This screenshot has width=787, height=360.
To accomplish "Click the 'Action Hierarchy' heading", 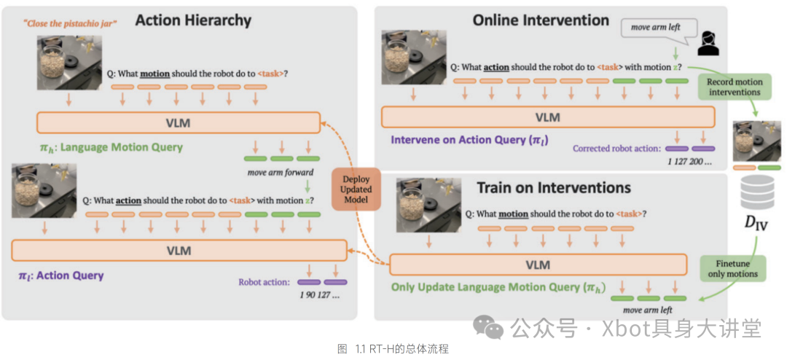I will pyautogui.click(x=193, y=21).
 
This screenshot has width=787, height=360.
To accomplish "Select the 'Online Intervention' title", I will pyautogui.click(x=541, y=20).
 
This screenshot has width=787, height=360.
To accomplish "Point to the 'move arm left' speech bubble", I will pyautogui.click(x=654, y=28).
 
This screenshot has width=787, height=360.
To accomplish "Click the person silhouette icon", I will pyautogui.click(x=705, y=44).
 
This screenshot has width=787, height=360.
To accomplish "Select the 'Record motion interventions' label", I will pyautogui.click(x=734, y=87).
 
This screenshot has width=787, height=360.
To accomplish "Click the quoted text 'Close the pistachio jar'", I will pyautogui.click(x=70, y=23).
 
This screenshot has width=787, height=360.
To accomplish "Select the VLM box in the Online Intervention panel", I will pyautogui.click(x=547, y=117).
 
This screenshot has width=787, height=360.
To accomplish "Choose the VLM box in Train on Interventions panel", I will pyautogui.click(x=538, y=265).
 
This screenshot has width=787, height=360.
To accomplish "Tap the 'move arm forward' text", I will pyautogui.click(x=281, y=172).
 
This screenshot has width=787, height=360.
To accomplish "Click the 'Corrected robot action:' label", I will pyautogui.click(x=616, y=148).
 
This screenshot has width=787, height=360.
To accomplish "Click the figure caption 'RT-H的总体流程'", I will pyautogui.click(x=393, y=349).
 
